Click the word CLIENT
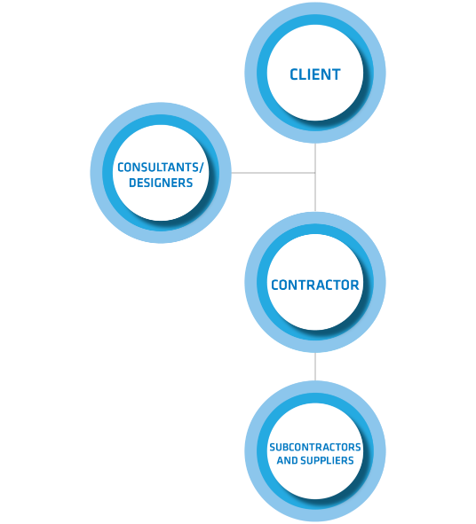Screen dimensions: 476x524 tap(315, 74)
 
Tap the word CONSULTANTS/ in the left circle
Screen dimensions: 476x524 tap(161, 168)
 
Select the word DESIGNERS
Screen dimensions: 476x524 tap(161, 183)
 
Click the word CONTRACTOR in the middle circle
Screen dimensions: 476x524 tap(315, 285)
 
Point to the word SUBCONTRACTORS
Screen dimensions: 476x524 tap(315, 447)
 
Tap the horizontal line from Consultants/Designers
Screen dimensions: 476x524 tap(274, 173)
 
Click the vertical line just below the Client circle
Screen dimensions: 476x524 tap(315, 158)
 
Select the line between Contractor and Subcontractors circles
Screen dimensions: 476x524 tap(315, 366)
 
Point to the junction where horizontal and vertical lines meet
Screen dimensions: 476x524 tap(315, 173)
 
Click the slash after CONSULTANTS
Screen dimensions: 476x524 tap(201, 168)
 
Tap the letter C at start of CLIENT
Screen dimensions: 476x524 tap(294, 74)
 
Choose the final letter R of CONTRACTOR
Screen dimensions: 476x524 tap(354, 285)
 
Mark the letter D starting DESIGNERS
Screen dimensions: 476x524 tap(133, 183)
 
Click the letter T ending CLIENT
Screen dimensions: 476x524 tap(336, 74)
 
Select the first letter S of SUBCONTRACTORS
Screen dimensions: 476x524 tap(272, 447)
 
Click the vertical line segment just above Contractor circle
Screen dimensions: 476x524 tap(315, 192)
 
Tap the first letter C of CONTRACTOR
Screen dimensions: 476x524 tap(275, 285)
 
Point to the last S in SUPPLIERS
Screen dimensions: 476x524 tap(351, 460)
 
